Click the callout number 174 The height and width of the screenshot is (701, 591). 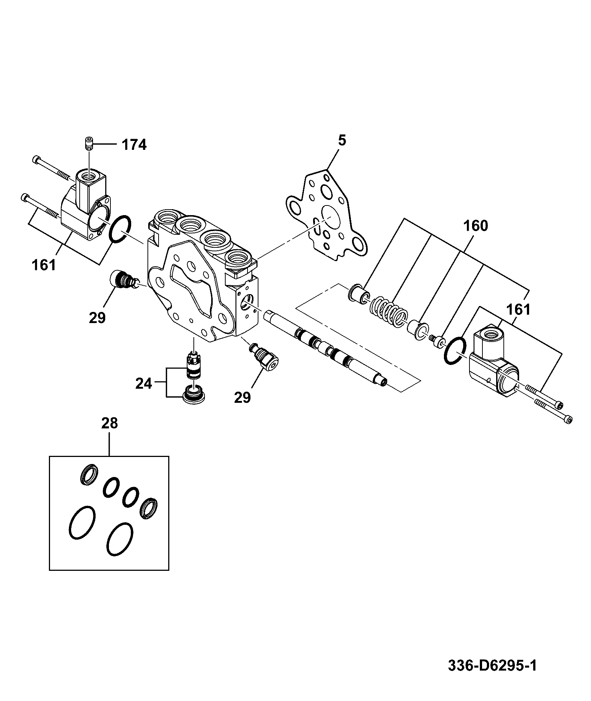[x=134, y=144]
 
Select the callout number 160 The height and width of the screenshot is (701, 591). [x=476, y=226]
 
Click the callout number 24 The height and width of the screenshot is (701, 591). [x=144, y=384]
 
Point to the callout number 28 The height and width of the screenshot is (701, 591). [x=109, y=423]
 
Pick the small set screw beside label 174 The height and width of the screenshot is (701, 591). [x=89, y=143]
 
